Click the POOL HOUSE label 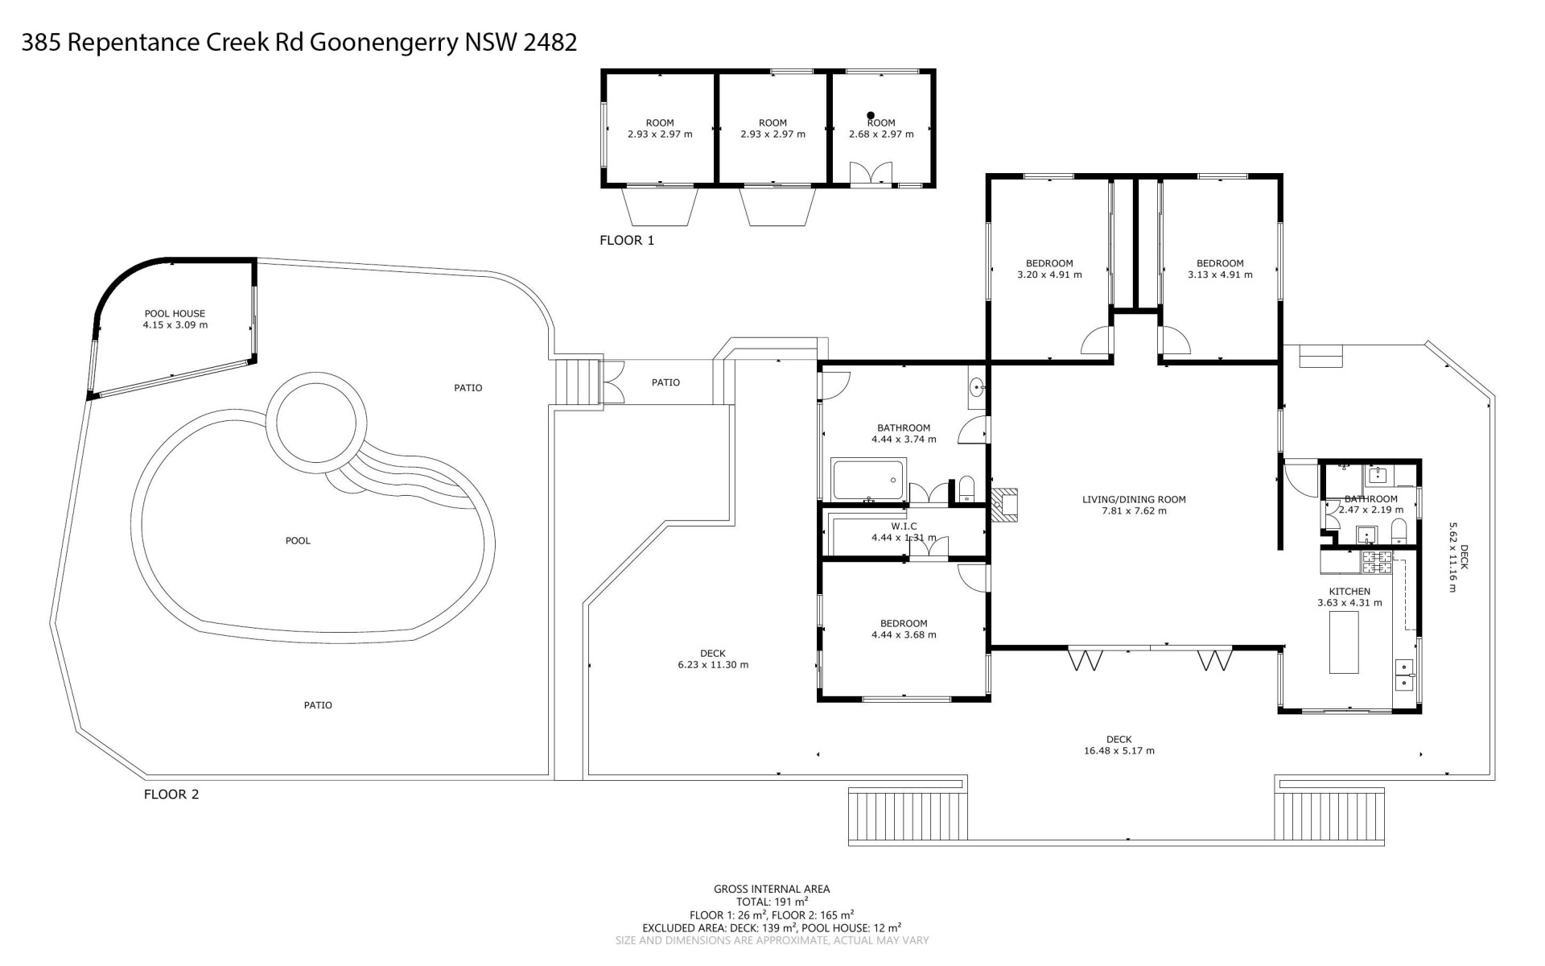(x=175, y=314)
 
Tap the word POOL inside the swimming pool (x=298, y=541)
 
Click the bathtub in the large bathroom (x=869, y=480)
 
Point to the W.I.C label (x=904, y=526)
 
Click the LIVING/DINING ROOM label (x=1134, y=500)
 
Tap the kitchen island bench (x=1344, y=642)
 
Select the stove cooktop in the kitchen (x=1376, y=562)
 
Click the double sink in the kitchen (x=1404, y=675)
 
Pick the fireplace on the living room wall (x=1004, y=505)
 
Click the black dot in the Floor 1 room (x=871, y=116)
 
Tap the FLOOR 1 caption (x=627, y=240)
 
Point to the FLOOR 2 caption (x=171, y=795)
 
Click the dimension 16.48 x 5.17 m (x=1119, y=751)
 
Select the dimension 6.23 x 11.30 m (x=713, y=665)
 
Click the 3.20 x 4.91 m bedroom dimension (x=1049, y=275)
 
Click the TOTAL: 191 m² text (x=772, y=902)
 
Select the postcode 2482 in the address (x=550, y=42)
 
